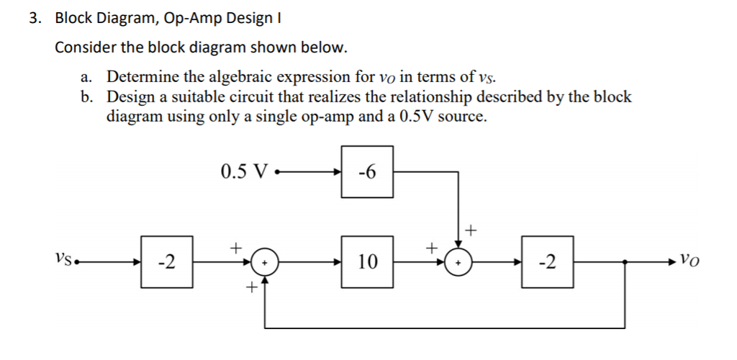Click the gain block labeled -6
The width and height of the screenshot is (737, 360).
coord(367,172)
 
